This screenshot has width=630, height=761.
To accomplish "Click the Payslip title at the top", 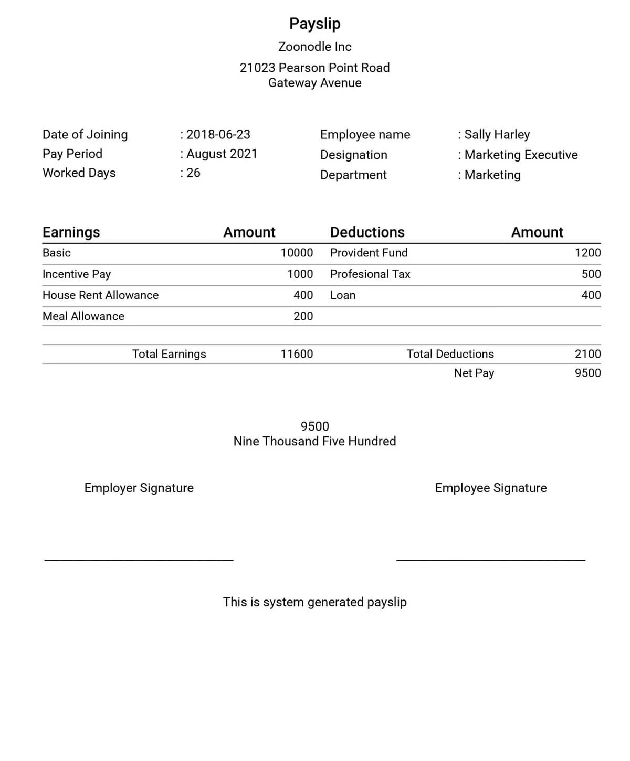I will pos(314,24).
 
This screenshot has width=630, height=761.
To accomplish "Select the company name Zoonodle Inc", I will pos(314,47).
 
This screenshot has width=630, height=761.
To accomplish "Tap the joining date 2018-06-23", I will pos(218,134).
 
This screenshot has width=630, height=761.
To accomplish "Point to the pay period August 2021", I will pos(222,154).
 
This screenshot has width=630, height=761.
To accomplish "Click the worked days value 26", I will pos(193,173).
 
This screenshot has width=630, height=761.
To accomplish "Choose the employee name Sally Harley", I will pos(497,134).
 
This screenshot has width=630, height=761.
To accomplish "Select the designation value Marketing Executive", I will pos(521,155).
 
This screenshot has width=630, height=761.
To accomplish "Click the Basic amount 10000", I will pos(297,253).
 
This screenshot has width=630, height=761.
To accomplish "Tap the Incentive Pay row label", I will pos(77,274).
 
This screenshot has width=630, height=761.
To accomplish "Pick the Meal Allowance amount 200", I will pos(303,316).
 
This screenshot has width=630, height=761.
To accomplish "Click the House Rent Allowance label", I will pos(100,295).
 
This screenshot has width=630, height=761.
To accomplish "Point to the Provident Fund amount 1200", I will pos(587,253).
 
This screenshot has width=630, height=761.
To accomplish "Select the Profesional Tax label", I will pos(370,274).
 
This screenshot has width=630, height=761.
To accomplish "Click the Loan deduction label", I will pos(343,295).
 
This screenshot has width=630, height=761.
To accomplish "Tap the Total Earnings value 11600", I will pos(297,354).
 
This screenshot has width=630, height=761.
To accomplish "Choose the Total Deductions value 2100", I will pos(587,354).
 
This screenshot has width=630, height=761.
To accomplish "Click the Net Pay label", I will pos(474,373).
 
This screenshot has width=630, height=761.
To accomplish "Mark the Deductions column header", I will pos(367,232).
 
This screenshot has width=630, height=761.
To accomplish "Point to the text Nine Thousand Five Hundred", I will pos(314,441).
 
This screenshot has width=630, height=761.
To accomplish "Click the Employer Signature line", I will pos(139,560).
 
